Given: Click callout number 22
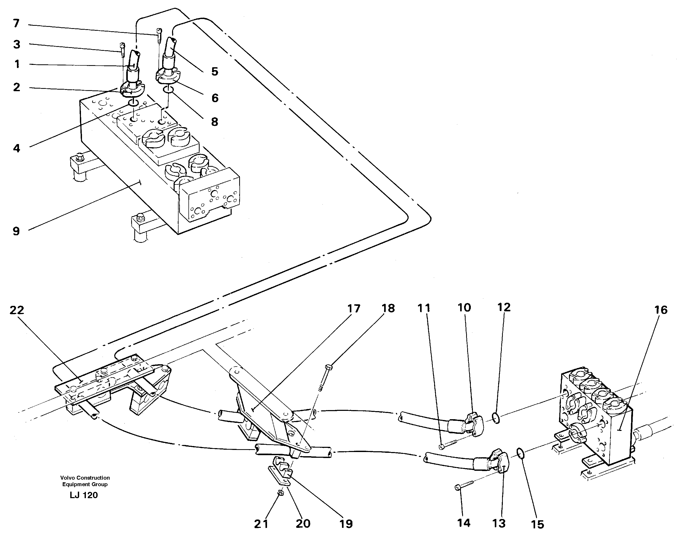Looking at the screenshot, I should (17, 310).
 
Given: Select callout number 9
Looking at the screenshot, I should (16, 231).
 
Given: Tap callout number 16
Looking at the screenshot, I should (661, 310).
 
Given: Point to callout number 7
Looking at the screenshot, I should (16, 23).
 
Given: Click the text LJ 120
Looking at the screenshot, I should (84, 495).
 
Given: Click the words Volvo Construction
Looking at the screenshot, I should (85, 478).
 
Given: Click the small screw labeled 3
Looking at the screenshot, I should (122, 49).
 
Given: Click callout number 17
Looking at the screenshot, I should (353, 309).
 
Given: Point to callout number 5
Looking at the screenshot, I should (214, 72).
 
